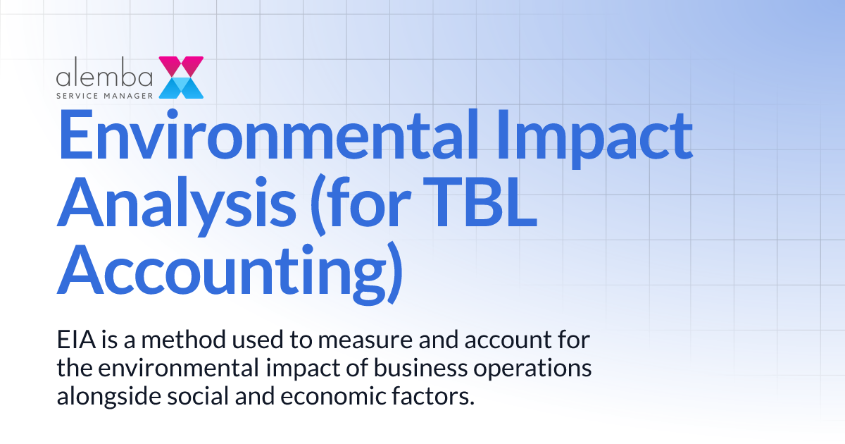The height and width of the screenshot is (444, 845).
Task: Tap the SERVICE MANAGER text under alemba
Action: pyautogui.click(x=106, y=92)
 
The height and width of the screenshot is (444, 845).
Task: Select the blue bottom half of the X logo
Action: pyautogui.click(x=182, y=87)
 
